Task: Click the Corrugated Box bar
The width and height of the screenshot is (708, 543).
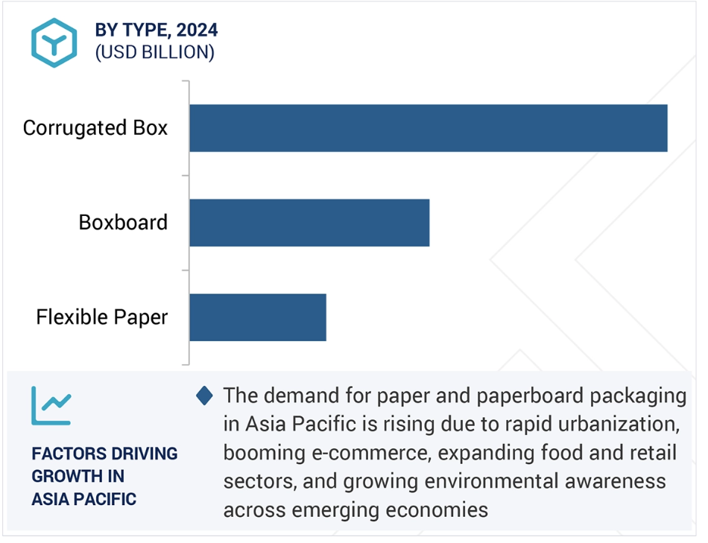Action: click(428, 128)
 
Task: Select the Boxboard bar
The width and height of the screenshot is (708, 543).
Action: click(309, 223)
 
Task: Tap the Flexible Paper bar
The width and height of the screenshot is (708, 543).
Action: click(258, 317)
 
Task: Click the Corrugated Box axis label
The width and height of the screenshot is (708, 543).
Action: click(95, 128)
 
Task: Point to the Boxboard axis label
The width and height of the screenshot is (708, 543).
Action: click(123, 223)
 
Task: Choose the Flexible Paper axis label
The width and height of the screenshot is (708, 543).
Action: click(102, 317)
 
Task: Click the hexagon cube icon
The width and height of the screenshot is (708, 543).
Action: click(54, 43)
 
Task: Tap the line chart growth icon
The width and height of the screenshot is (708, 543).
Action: click(51, 406)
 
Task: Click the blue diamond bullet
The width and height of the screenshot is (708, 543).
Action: click(204, 396)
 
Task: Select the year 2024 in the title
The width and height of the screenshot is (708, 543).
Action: click(197, 31)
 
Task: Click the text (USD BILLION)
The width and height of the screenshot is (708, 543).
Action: click(155, 52)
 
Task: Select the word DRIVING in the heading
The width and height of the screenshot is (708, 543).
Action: click(139, 454)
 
